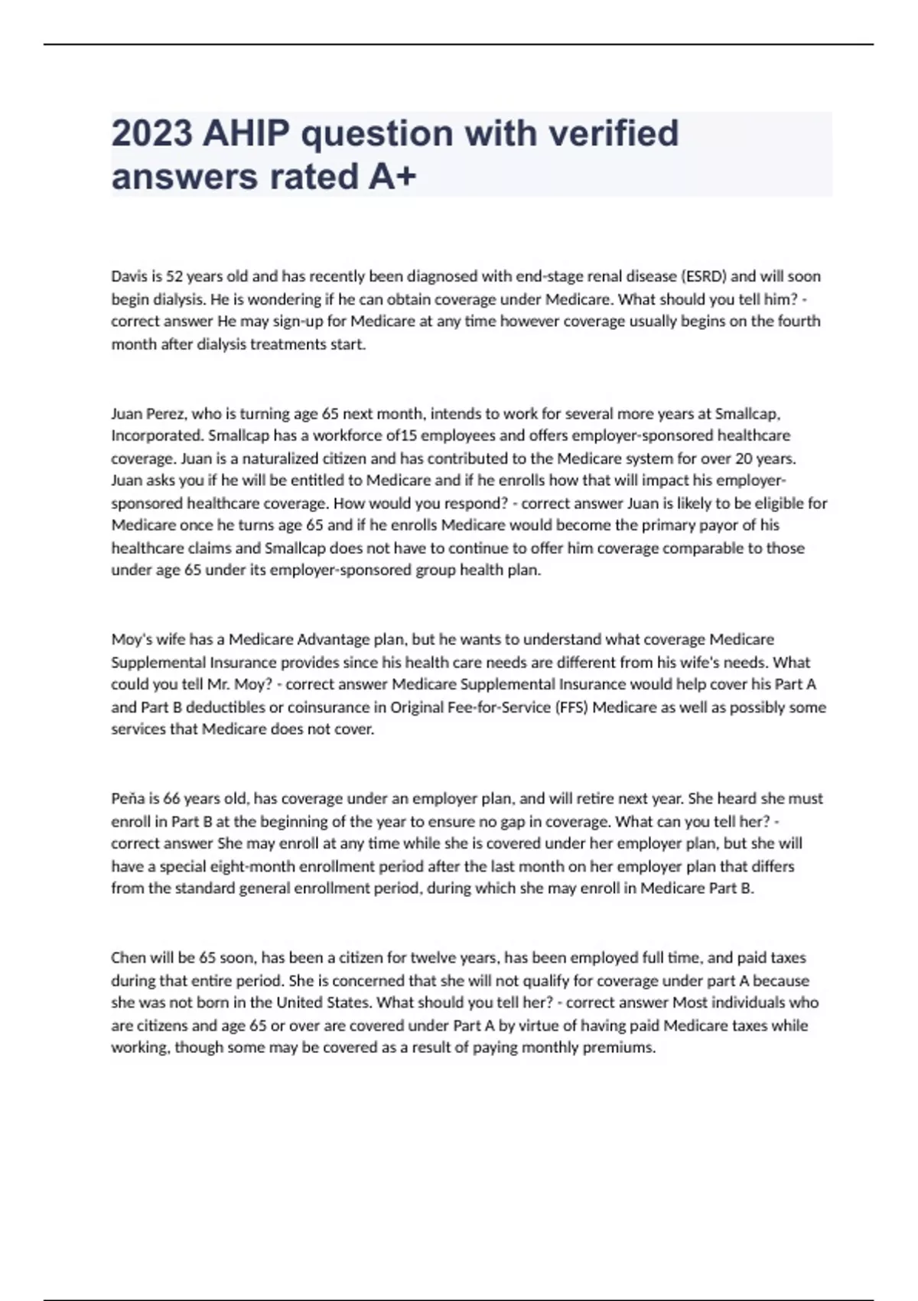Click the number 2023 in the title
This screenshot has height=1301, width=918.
click(x=151, y=133)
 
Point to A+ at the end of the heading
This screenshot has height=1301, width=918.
click(x=392, y=177)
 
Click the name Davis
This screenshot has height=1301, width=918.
click(x=128, y=276)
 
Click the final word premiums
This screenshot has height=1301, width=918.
click(x=617, y=1048)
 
